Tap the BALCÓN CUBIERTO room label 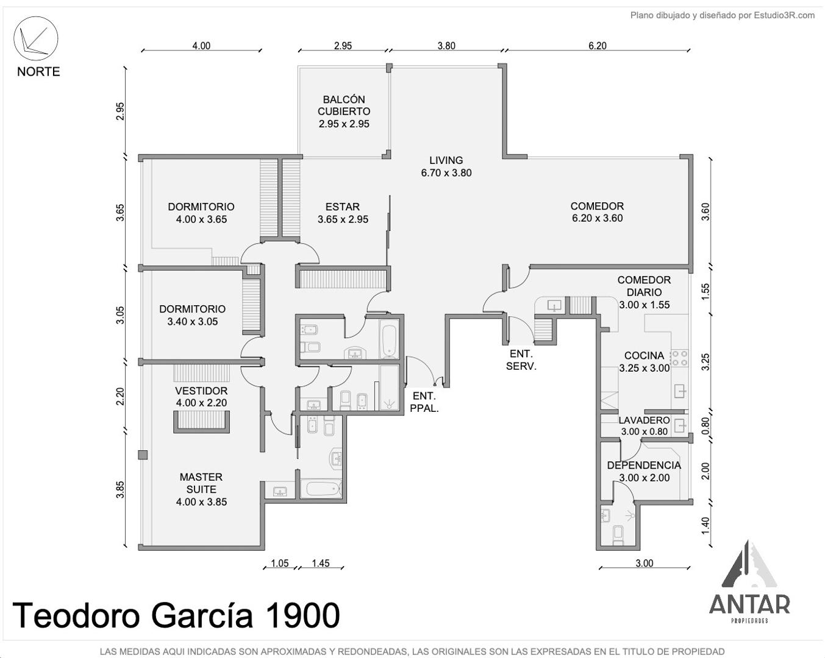tap(344, 111)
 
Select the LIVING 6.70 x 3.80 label tap(446, 166)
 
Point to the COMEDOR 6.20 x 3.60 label tap(597, 212)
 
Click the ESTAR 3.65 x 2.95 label tap(343, 213)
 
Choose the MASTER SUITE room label tap(201, 489)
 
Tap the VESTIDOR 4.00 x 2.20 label tap(201, 397)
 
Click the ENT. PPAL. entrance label tap(424, 402)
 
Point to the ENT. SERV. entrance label tap(521, 359)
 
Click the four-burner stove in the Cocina tap(679, 358)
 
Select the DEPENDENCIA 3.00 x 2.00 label tap(644, 472)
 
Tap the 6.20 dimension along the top tap(598, 46)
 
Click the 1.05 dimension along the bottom tap(279, 563)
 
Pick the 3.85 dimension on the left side tap(120, 489)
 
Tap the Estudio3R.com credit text tap(784, 15)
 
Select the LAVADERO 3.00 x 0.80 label tap(644, 425)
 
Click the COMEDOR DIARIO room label tap(644, 286)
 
